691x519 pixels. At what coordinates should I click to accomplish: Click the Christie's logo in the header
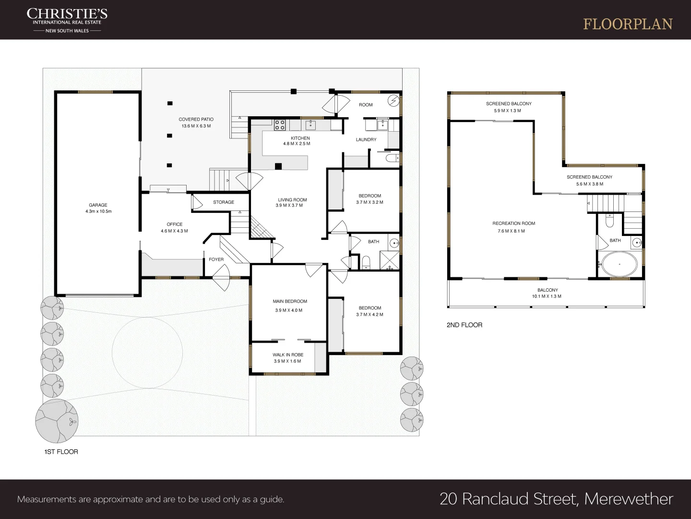coord(67,20)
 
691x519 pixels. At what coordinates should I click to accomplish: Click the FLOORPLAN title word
coord(628,25)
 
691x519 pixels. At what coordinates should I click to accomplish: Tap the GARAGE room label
coord(98,205)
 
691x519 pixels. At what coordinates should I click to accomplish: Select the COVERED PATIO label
coord(196,119)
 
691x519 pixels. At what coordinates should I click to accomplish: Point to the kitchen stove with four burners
coord(280,125)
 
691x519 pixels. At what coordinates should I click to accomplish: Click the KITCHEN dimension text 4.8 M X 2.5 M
coord(297,144)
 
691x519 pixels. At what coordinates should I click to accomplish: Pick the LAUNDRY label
coord(366,140)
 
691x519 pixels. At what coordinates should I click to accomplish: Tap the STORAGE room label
coord(224,202)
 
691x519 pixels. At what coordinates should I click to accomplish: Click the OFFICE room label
coord(175,224)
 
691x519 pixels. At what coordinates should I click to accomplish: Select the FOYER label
coord(216,259)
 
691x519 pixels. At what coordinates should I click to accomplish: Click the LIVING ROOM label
coord(292,200)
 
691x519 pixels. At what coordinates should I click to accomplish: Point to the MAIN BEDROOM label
coord(290,301)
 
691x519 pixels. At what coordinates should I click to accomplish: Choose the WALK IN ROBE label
coord(288,355)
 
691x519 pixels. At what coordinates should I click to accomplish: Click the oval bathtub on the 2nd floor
coord(620,264)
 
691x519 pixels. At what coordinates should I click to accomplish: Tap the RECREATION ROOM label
coord(513,223)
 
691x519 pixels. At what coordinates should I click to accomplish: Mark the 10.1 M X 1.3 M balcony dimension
coord(547,297)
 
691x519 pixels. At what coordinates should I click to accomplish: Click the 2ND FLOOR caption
coord(464,325)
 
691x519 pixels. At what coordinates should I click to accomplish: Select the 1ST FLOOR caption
coord(61,452)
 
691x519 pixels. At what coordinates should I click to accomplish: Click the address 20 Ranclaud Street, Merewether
coord(556,499)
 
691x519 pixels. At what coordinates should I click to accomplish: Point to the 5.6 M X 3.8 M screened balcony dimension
coord(590,184)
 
